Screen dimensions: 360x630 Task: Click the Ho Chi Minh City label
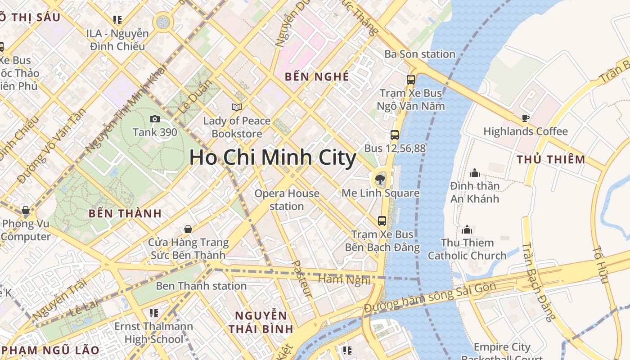273,158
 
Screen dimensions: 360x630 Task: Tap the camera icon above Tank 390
154,119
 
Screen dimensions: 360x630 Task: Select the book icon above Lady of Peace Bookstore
237,107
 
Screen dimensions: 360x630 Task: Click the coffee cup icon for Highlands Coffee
525,118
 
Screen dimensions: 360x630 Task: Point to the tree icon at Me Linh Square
380,180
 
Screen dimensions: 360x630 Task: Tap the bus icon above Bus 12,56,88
395,135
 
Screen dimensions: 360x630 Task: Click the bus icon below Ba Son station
410,80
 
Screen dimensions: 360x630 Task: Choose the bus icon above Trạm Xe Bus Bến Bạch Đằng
382,221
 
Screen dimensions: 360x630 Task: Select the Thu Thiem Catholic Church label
467,249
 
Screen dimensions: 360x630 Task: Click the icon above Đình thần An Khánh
474,173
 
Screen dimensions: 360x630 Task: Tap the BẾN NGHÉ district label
317,77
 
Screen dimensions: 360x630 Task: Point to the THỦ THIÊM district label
551,160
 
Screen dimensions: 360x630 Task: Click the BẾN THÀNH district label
125,214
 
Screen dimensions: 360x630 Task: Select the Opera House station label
287,200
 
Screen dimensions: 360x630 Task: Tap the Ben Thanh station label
201,286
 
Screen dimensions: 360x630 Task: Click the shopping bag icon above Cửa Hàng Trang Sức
188,229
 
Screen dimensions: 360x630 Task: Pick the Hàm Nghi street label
344,279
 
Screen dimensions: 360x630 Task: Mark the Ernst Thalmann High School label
153,333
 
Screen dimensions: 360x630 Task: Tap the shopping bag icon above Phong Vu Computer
26,210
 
